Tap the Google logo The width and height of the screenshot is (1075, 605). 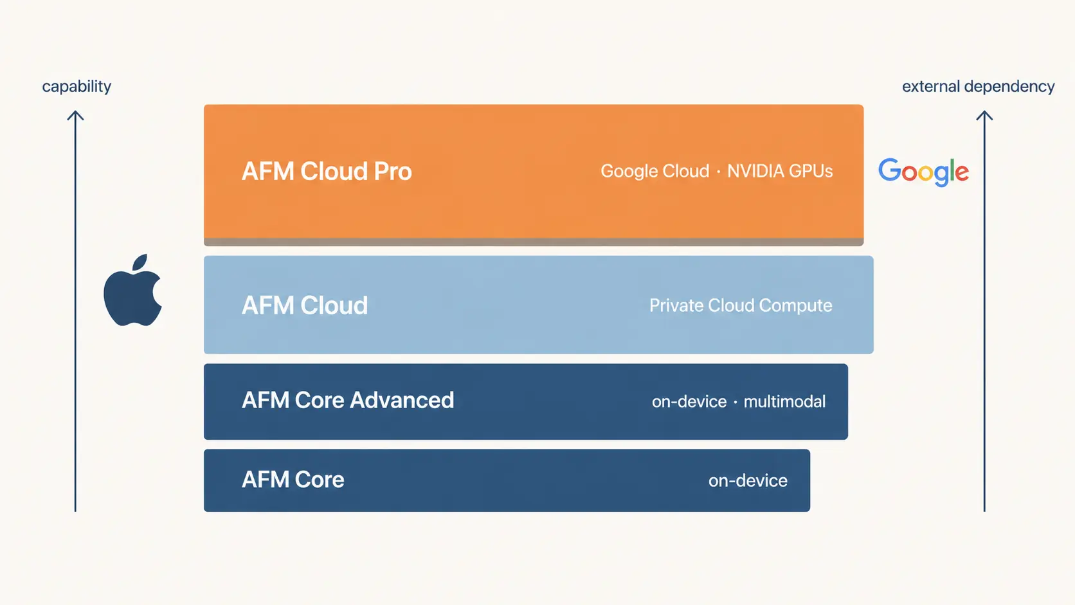923,172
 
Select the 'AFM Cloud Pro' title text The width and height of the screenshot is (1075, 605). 327,171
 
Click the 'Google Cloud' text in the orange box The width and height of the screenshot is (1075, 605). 655,171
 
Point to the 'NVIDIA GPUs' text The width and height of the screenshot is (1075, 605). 780,171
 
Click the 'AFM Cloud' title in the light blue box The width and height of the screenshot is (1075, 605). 305,305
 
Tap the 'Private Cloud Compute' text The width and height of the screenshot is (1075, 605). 741,305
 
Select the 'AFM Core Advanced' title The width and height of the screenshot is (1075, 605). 347,400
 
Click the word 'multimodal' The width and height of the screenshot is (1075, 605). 784,401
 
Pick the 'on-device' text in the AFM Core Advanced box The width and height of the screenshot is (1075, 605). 689,401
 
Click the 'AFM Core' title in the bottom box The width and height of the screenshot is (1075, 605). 293,479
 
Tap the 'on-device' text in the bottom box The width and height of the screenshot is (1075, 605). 748,480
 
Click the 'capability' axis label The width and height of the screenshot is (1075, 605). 77,86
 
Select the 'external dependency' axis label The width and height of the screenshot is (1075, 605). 978,86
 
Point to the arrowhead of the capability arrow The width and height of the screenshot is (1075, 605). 75,113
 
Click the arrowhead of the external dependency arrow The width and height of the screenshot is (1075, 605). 984,113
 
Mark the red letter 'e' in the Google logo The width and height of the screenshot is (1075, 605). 962,173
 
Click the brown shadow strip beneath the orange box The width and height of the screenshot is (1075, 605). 534,242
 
